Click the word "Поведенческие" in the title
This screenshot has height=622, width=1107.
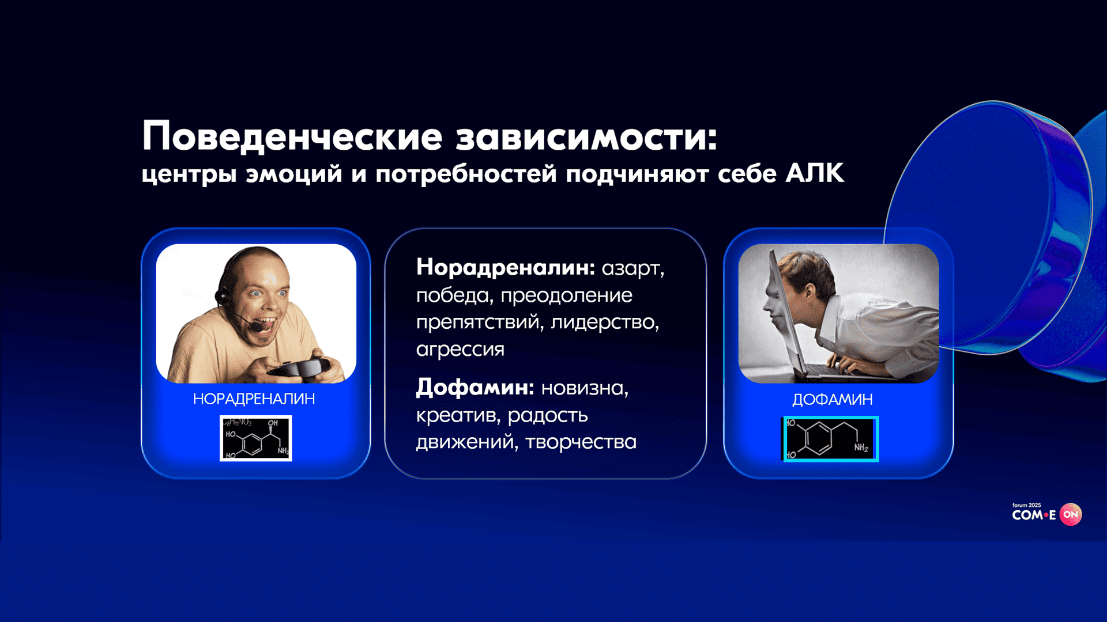pos(292,136)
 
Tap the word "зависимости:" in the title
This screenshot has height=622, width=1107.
pos(587,138)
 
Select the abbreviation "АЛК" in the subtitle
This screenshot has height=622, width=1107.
pos(815,173)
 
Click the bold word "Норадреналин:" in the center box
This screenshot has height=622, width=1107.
pos(506,267)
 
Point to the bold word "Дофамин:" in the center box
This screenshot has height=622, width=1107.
pos(475,388)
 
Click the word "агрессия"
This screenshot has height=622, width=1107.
pos(460,349)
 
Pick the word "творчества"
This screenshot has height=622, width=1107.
pos(581,442)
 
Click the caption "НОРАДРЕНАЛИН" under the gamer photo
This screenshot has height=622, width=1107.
pos(254,399)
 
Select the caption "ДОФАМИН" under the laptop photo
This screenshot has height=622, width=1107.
pos(832,400)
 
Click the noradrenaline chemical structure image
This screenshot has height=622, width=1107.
pos(256,438)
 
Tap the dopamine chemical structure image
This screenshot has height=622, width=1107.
pos(830,439)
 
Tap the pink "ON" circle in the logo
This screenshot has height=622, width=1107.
pos(1071,514)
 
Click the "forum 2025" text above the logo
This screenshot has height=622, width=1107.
pos(1026,505)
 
